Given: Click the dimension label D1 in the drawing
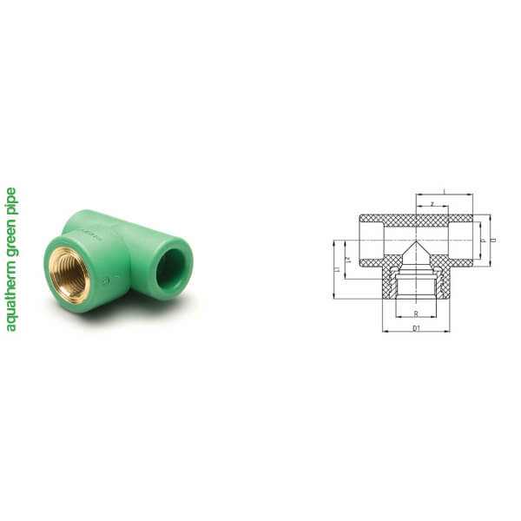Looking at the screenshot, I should (416, 328).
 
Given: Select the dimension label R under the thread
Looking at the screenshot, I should (417, 313).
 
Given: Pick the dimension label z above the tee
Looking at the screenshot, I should (432, 205).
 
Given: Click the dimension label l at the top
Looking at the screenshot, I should (444, 191).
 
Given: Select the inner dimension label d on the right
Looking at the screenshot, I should (482, 240).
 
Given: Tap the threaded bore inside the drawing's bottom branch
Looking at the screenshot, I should (416, 289).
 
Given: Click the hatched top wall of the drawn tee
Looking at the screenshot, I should (416, 219).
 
